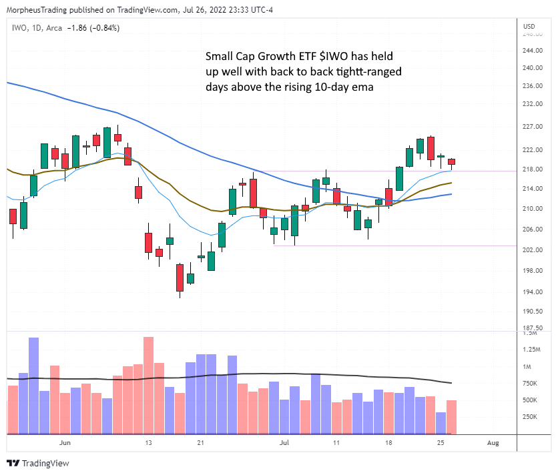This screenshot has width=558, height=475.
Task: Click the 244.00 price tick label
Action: point(531,51)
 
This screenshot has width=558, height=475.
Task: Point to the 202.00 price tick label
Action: point(531,250)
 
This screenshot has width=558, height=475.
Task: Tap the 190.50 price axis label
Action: point(531,312)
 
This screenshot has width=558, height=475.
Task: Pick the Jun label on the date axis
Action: point(65,442)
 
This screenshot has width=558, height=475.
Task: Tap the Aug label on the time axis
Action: point(493,442)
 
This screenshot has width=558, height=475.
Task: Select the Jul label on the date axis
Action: point(284,442)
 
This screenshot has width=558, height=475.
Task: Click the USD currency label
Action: point(529,26)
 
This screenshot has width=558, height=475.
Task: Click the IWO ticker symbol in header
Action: point(19,27)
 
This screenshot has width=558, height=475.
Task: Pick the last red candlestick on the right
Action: point(451,161)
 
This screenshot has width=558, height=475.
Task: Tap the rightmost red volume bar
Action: point(451,417)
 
